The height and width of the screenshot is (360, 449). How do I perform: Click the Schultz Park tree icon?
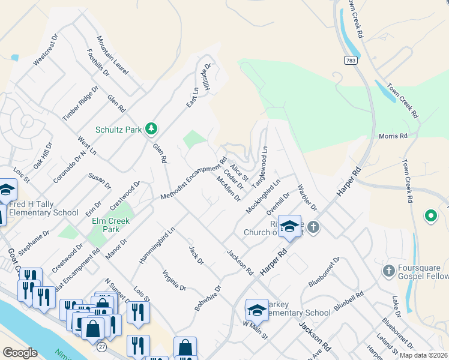(151, 128)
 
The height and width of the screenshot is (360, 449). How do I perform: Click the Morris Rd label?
(393, 136)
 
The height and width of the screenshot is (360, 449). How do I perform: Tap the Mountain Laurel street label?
(112, 56)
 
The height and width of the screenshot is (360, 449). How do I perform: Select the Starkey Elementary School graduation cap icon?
(256, 311)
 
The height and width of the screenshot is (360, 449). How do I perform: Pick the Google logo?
(20, 353)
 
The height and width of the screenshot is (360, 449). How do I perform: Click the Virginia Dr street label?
(174, 280)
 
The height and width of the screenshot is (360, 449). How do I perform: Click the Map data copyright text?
(422, 355)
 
